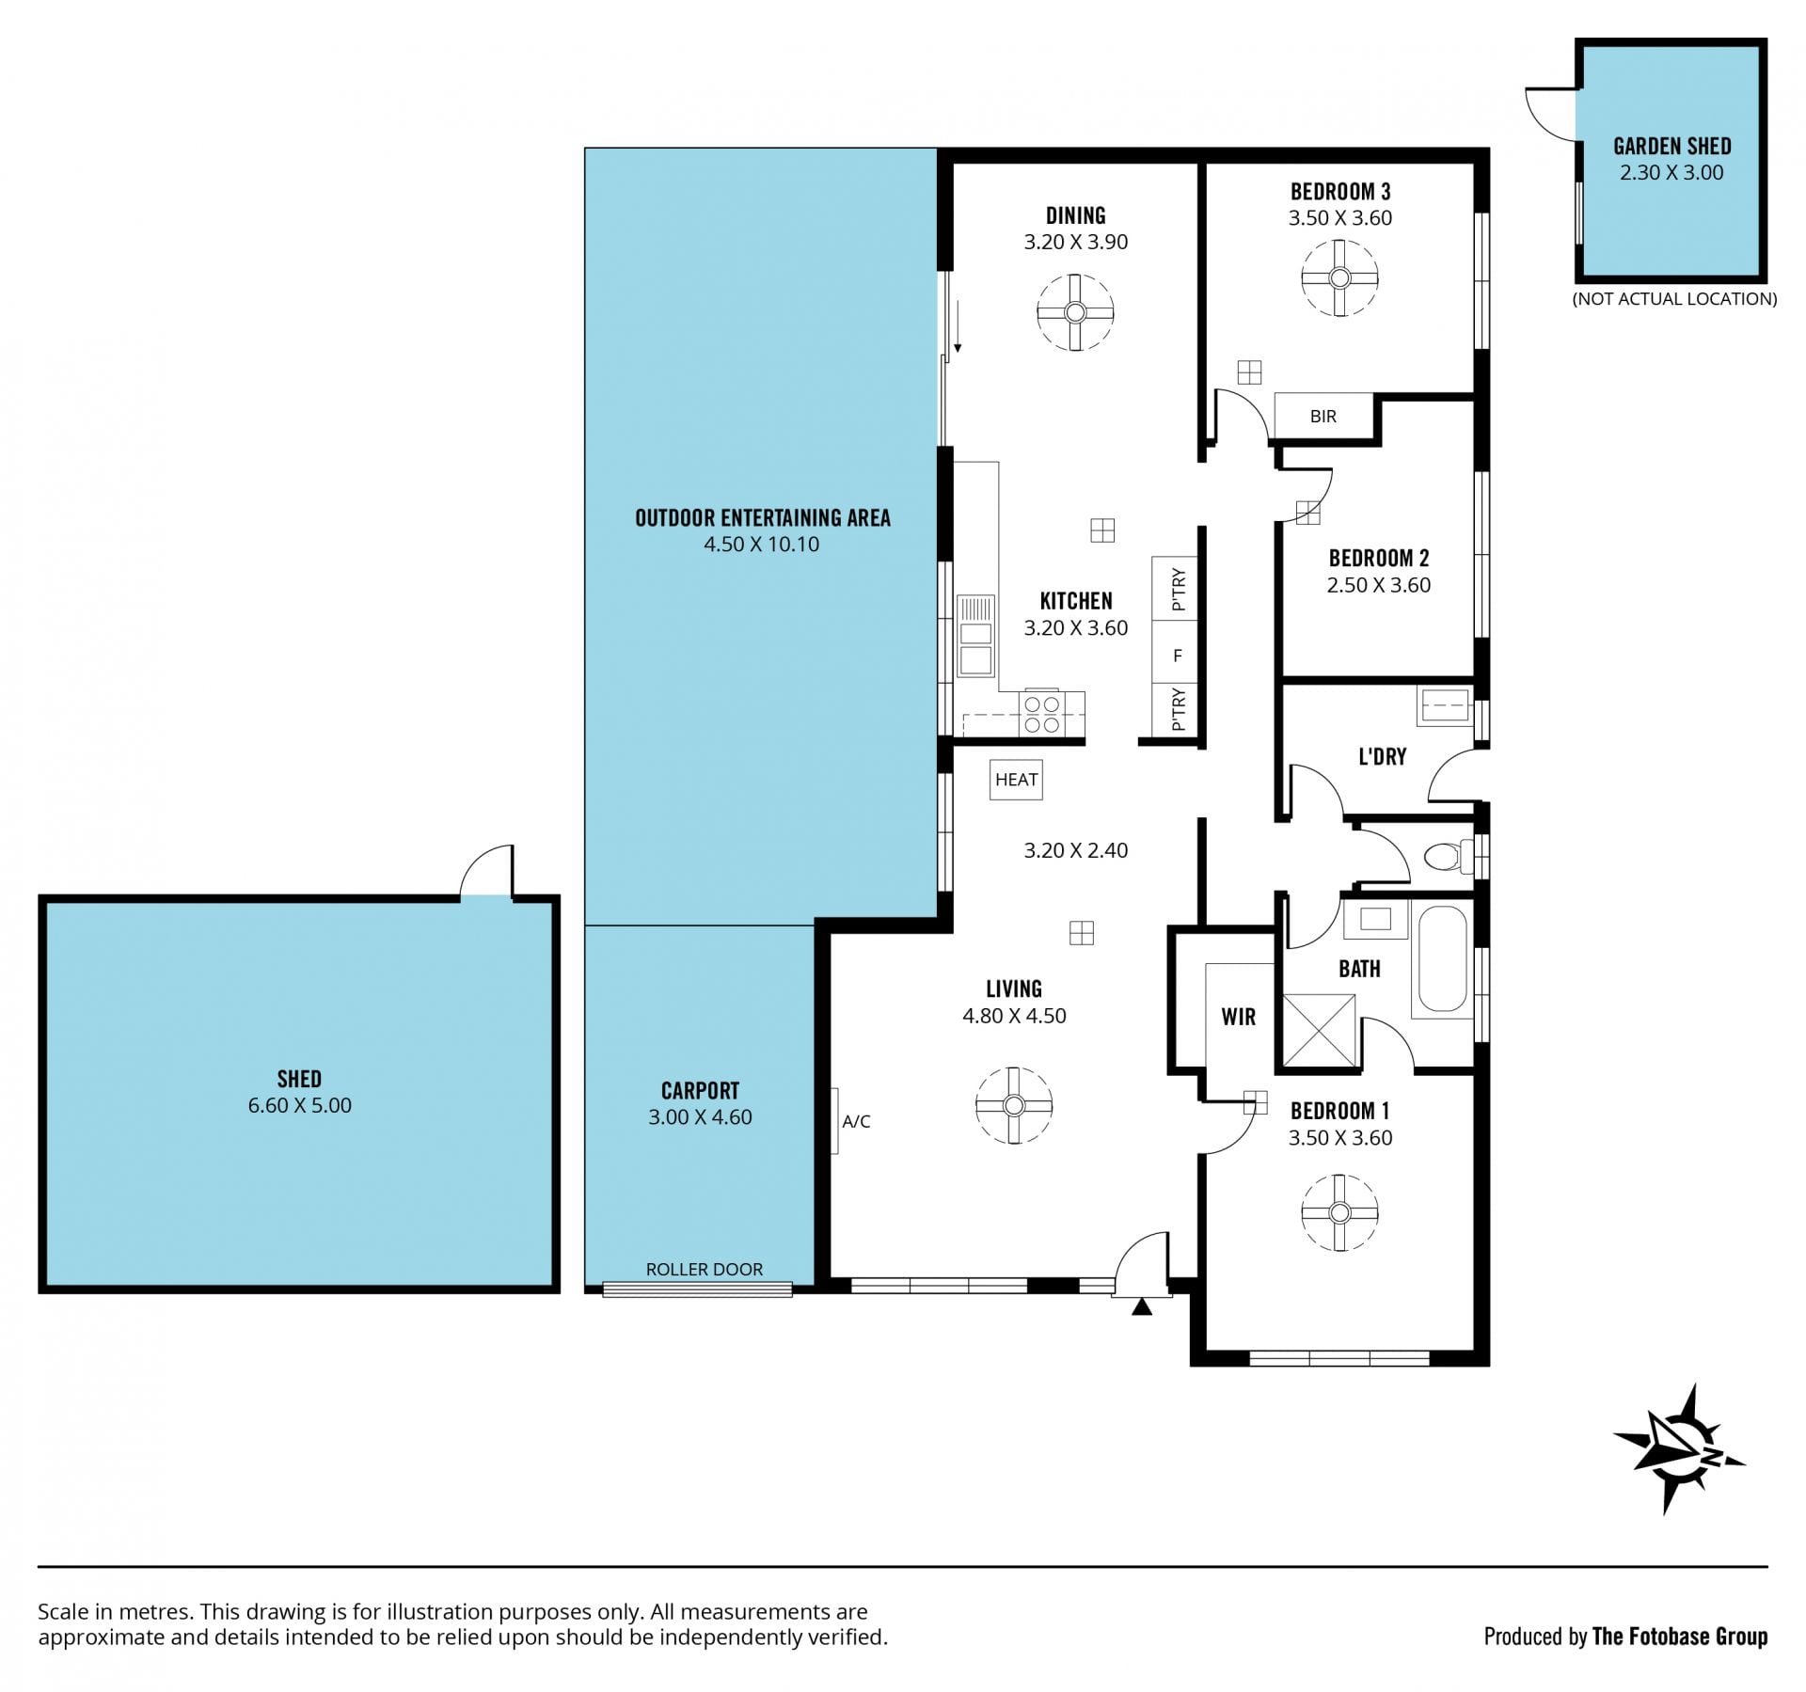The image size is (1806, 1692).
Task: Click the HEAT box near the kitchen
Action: [1016, 780]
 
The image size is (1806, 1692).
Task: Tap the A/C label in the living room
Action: [856, 1121]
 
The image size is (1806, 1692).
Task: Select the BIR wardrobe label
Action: [1323, 416]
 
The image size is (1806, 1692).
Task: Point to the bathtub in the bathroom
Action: [1442, 957]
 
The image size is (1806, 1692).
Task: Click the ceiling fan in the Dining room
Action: [1075, 313]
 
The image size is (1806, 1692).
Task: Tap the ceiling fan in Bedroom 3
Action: [1339, 277]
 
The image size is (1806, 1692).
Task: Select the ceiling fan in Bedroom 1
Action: [1339, 1212]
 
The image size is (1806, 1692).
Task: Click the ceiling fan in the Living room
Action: [1013, 1105]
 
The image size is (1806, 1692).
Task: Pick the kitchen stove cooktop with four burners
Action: [1042, 714]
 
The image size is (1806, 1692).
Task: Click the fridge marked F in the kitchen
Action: [1176, 656]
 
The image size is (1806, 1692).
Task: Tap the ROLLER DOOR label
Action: [705, 1269]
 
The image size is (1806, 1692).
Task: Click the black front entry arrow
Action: [1142, 1306]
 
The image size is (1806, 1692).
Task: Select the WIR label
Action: [1238, 1017]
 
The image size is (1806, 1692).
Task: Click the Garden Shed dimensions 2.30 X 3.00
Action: [1671, 173]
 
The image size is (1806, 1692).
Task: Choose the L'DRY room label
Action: [1382, 756]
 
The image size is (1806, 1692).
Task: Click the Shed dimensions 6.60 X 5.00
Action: [299, 1105]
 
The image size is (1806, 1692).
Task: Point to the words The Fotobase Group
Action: [1679, 1637]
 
